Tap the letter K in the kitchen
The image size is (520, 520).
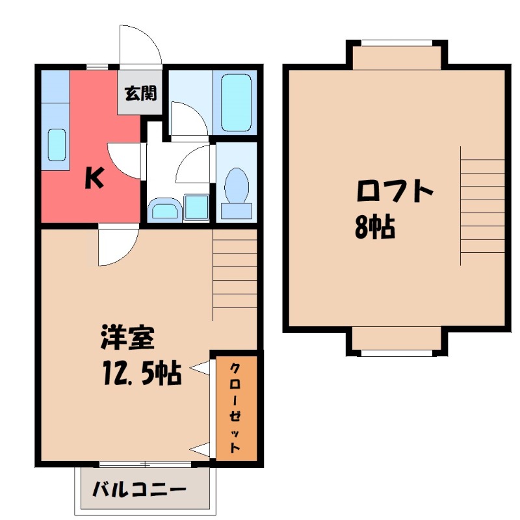click(95, 177)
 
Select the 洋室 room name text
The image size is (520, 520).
click(127, 340)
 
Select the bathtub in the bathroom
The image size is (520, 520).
click(236, 103)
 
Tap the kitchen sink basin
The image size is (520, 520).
click(56, 144)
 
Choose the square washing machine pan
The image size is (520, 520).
click(196, 208)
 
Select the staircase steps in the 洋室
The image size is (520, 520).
click(235, 273)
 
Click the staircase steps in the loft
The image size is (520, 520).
click(482, 205)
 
